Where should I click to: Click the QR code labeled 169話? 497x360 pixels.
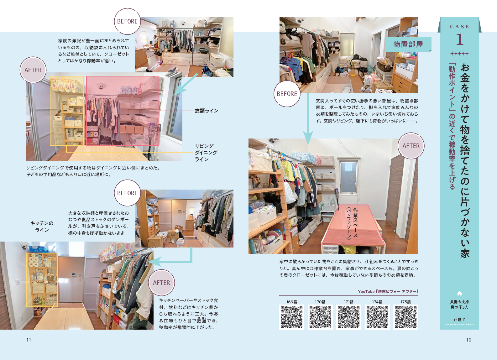[291, 317]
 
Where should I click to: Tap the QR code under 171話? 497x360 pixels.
[348, 317]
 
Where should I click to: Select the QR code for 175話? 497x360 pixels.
[405, 317]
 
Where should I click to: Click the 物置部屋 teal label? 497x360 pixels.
[408, 44]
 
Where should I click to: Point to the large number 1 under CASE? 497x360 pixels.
[459, 39]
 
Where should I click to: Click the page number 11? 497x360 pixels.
[29, 340]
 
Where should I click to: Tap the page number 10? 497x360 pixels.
[468, 340]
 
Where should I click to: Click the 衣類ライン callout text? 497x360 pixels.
[206, 111]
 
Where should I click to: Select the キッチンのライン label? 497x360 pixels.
[42, 227]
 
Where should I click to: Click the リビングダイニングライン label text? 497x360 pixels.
[206, 153]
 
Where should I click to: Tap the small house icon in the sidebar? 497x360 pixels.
[459, 294]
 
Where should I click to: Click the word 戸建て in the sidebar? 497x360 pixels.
[459, 320]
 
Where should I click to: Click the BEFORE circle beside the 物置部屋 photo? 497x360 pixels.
[287, 94]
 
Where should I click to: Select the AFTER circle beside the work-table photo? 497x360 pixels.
[411, 146]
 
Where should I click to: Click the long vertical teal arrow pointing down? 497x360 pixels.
[308, 119]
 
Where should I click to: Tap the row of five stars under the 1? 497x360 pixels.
[459, 54]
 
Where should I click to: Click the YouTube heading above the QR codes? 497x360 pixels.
[388, 291]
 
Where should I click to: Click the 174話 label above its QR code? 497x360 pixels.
[377, 302]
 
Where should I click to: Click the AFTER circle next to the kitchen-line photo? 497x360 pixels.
[161, 283]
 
